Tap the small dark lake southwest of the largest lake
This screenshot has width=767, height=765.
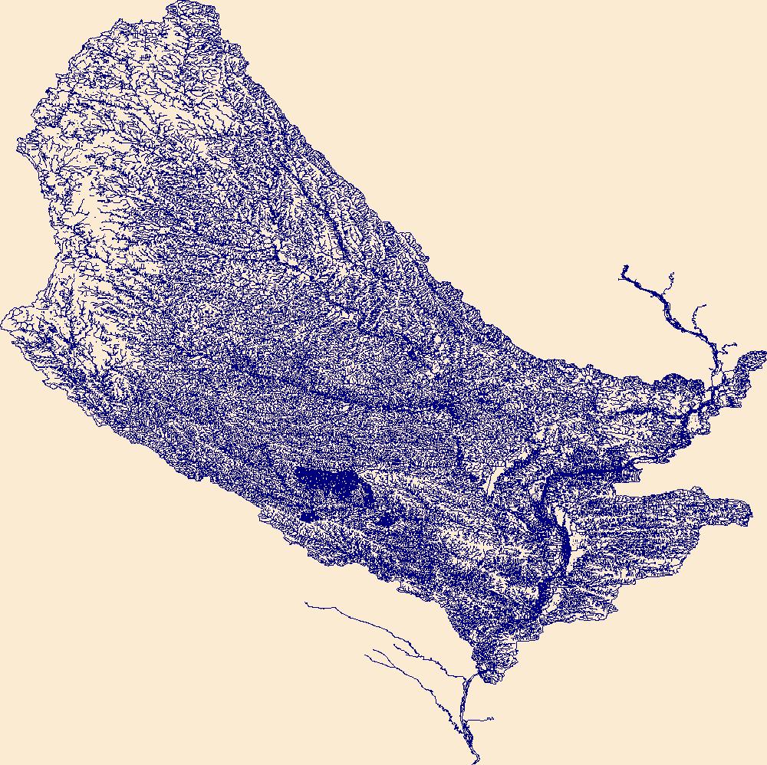308,516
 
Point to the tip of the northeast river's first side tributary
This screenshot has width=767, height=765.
672,274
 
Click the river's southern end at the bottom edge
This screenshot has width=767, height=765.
475,759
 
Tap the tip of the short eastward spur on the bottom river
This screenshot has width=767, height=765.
492,719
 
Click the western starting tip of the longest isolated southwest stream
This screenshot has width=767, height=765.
306,603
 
